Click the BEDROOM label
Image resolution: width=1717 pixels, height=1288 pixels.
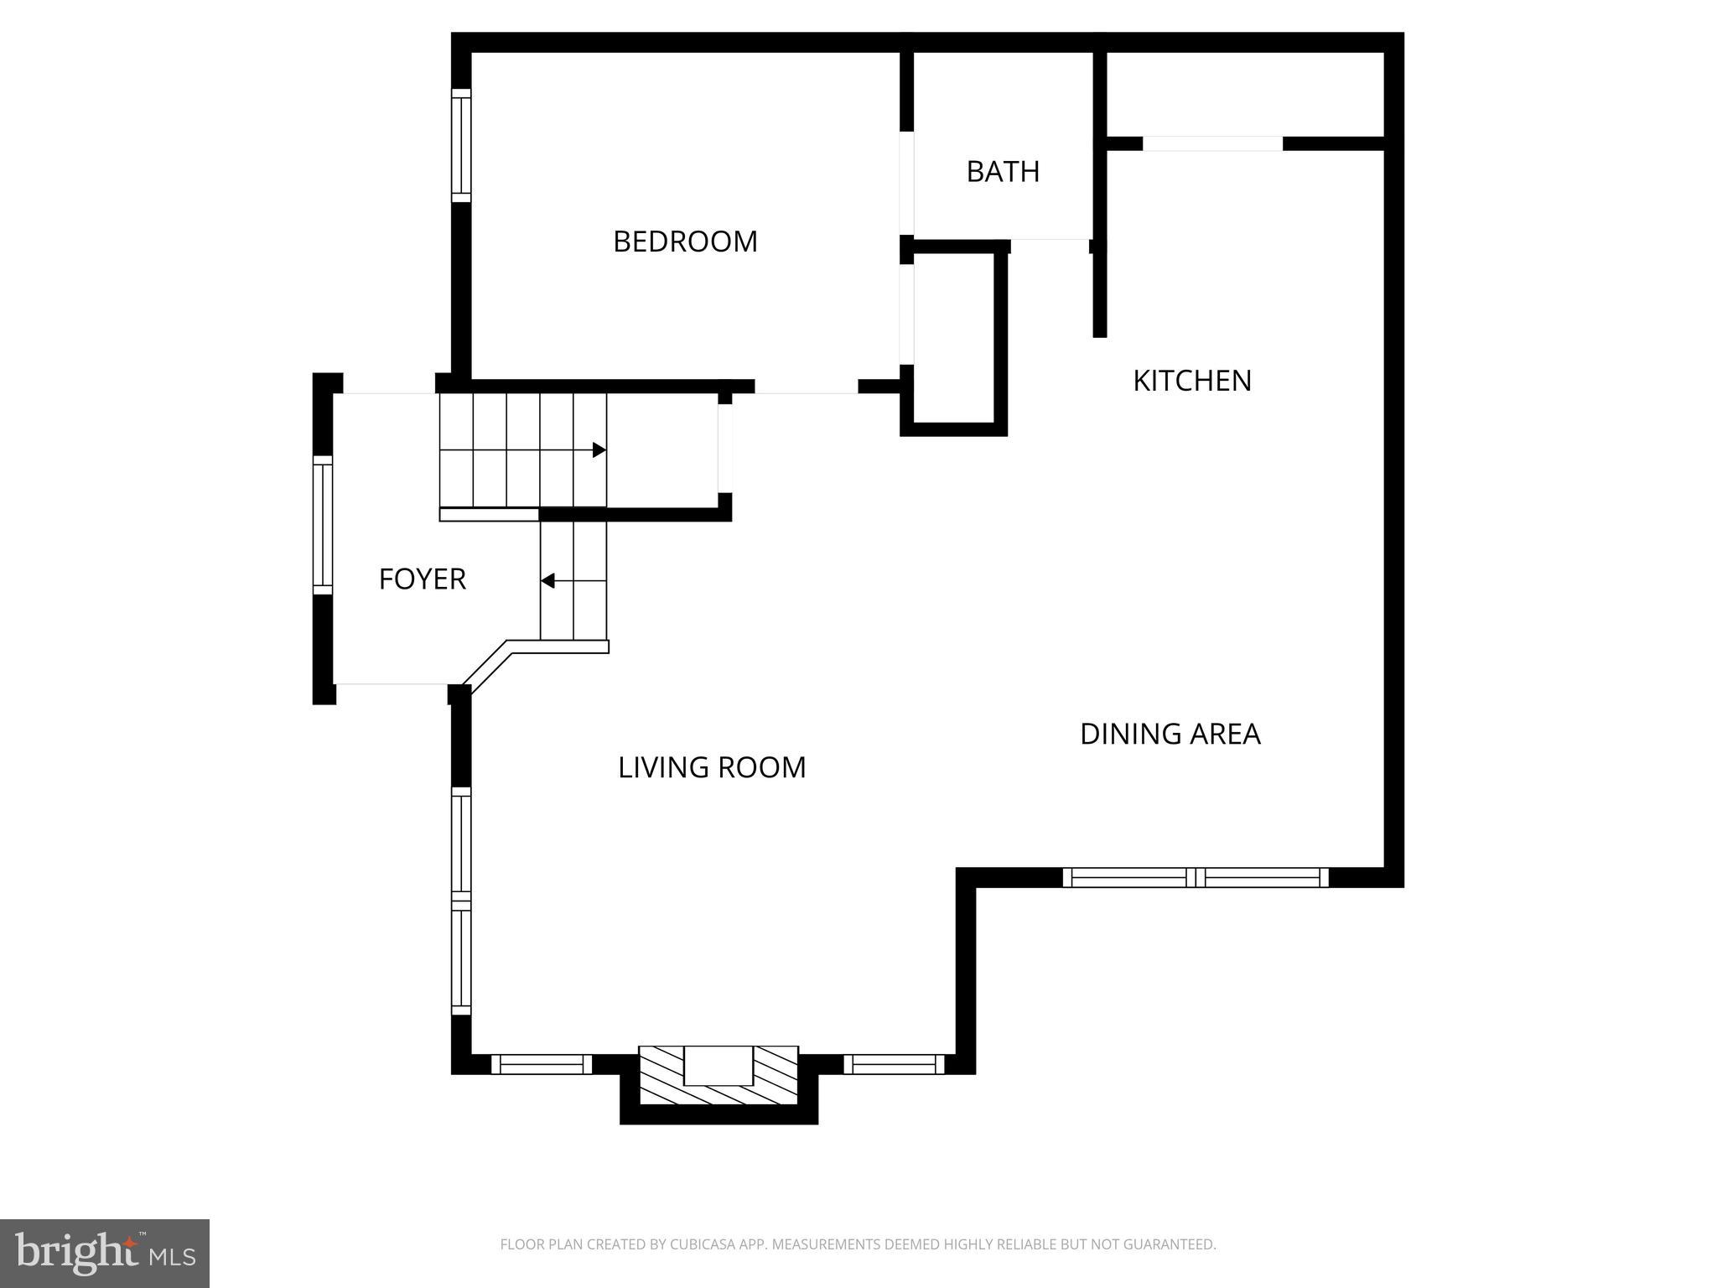pyautogui.click(x=685, y=241)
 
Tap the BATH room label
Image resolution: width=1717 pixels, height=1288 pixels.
pyautogui.click(x=1003, y=172)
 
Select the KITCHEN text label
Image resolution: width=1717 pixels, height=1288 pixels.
pyautogui.click(x=1191, y=381)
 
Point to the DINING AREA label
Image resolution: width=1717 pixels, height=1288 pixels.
pyautogui.click(x=1170, y=734)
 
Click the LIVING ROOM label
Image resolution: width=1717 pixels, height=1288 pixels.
pyautogui.click(x=712, y=767)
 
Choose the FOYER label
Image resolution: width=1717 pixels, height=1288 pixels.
pyautogui.click(x=422, y=579)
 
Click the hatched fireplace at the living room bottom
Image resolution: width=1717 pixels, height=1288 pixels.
pyautogui.click(x=718, y=1076)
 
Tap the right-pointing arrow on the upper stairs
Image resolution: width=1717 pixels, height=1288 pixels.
pyautogui.click(x=599, y=450)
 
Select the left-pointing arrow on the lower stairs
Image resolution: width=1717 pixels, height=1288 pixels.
pyautogui.click(x=548, y=580)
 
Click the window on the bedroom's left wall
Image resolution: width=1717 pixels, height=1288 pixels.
pyautogui.click(x=461, y=145)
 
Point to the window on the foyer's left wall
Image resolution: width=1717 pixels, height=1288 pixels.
pyautogui.click(x=323, y=525)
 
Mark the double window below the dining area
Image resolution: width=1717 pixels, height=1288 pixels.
pyautogui.click(x=1196, y=878)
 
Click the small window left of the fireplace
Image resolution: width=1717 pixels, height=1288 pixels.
pyautogui.click(x=542, y=1064)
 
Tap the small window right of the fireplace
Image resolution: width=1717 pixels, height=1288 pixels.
pyautogui.click(x=894, y=1064)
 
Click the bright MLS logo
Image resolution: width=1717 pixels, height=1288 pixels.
pyautogui.click(x=105, y=1253)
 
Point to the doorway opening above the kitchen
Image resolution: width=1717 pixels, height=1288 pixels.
pyautogui.click(x=1212, y=144)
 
